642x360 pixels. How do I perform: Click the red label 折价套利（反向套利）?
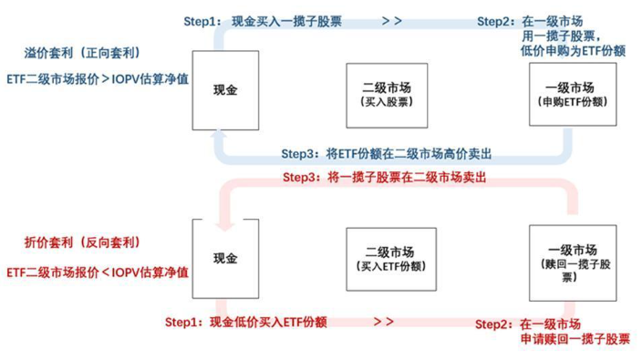coord(81,242)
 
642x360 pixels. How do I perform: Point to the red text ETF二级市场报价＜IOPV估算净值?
coord(97,272)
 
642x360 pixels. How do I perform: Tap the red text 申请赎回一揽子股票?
coord(575,339)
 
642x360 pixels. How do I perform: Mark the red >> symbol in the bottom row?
coord(383,322)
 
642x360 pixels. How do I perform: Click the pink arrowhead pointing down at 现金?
coord(227,222)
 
